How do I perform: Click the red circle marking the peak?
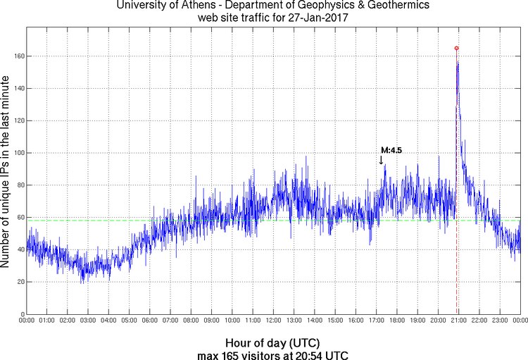[456, 48]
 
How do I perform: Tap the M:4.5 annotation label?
[391, 150]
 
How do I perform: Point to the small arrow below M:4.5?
[382, 161]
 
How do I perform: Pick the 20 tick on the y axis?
[20, 282]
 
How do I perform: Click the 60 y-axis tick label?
[20, 217]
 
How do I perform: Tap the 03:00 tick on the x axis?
[88, 321]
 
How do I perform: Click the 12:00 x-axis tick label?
[273, 321]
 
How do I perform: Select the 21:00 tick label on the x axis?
[458, 321]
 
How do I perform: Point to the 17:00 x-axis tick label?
[376, 321]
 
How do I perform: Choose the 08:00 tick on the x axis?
[191, 321]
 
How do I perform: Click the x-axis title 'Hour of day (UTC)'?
[272, 343]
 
